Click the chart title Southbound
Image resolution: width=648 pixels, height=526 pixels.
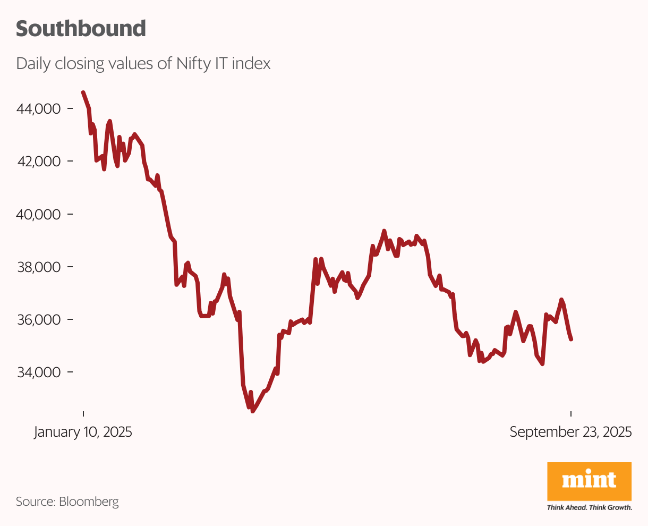[x=81, y=29]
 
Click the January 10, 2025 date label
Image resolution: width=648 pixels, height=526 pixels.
[x=83, y=432]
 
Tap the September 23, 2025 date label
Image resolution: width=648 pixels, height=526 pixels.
[x=570, y=432]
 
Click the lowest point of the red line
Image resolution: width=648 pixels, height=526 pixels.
[x=253, y=411]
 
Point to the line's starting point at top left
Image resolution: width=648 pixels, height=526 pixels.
[x=83, y=92]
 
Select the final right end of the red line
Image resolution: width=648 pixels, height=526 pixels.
[x=571, y=340]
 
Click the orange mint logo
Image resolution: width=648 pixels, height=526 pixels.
[x=589, y=481]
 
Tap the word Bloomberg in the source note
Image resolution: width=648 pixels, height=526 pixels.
[x=89, y=501]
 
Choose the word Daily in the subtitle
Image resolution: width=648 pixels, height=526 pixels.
[x=33, y=64]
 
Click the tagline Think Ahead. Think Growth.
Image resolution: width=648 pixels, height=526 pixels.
[x=589, y=507]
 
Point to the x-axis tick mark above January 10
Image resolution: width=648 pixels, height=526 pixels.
[x=83, y=414]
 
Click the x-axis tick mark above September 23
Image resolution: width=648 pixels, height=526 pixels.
[x=571, y=414]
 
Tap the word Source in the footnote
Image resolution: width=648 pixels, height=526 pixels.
[x=35, y=501]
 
